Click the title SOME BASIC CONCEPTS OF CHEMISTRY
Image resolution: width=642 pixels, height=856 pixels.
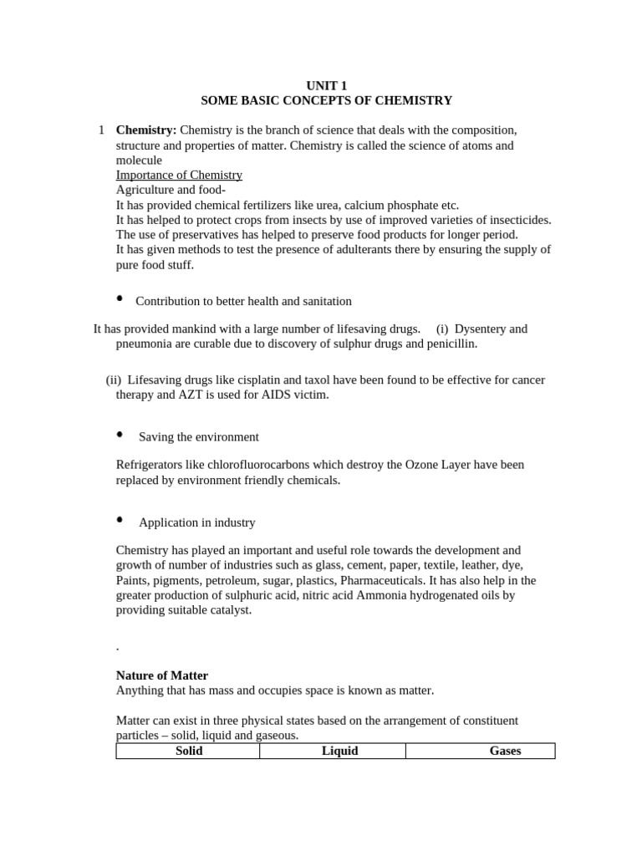point(326,100)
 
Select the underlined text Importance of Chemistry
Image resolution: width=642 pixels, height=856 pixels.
point(179,175)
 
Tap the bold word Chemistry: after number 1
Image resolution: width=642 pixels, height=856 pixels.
point(145,130)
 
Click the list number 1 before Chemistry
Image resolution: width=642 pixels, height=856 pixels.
point(101,130)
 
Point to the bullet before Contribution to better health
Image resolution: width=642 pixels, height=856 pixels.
point(120,298)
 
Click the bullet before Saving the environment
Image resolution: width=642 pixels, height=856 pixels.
point(120,435)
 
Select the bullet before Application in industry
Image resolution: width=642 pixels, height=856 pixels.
point(120,520)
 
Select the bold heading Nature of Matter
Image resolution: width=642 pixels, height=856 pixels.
point(161,675)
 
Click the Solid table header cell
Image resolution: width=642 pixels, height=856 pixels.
point(188,751)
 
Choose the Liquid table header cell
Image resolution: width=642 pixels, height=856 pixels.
point(339,751)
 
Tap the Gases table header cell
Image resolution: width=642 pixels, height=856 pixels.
point(505,751)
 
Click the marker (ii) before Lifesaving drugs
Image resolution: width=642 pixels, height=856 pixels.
point(114,380)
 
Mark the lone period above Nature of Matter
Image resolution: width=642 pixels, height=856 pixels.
point(117,648)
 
